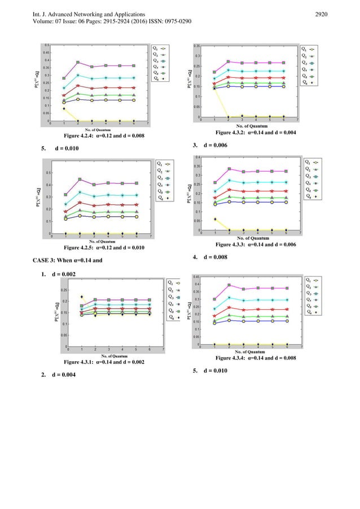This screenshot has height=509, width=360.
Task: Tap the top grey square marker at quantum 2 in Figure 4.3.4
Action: [229, 285]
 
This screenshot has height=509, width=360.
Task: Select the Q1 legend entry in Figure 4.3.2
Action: [309, 49]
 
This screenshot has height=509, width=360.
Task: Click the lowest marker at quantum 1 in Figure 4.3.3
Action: [214, 219]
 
